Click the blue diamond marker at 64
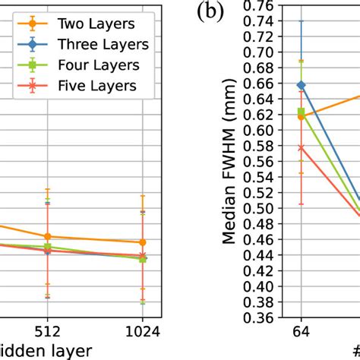click(301, 85)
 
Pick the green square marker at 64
click(301, 112)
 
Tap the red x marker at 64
click(301, 147)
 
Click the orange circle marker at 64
click(301, 117)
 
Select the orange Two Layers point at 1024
click(142, 242)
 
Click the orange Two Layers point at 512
click(47, 236)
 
